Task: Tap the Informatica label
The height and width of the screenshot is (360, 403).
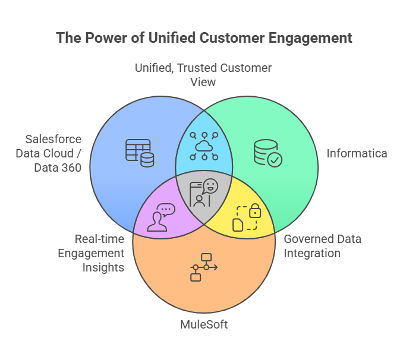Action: pyautogui.click(x=357, y=153)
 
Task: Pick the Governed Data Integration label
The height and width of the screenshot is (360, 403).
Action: pyautogui.click(x=322, y=246)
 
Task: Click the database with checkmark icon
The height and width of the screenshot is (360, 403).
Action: pyautogui.click(x=267, y=153)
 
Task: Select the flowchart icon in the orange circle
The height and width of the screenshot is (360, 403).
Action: pyautogui.click(x=204, y=267)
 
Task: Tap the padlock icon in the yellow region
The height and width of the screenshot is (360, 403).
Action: pyautogui.click(x=254, y=210)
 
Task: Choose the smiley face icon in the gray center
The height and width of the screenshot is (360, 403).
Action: pyautogui.click(x=209, y=187)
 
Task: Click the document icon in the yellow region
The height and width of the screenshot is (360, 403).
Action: pyautogui.click(x=238, y=224)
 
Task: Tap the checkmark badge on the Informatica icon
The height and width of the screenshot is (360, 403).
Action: pyautogui.click(x=275, y=159)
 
